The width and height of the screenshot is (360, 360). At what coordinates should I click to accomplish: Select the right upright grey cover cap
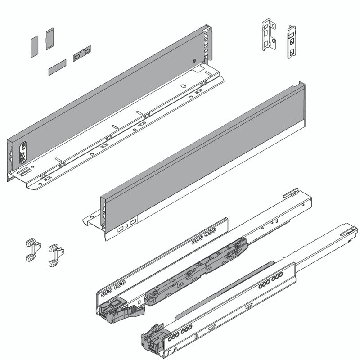[x=49, y=39]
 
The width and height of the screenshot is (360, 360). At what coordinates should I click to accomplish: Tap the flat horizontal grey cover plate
[x=57, y=67]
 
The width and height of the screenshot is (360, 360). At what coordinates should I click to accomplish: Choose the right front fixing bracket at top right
[x=292, y=42]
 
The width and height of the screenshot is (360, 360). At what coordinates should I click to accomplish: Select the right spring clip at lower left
[x=54, y=255]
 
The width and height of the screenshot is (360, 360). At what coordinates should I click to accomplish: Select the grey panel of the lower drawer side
[x=202, y=148]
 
